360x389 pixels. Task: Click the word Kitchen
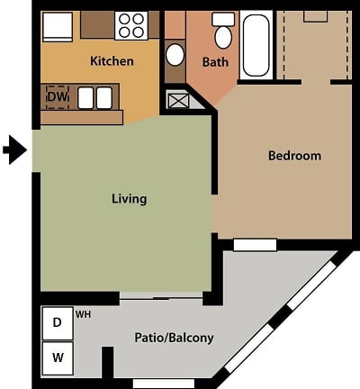[112, 61]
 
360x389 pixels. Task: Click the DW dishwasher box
[55, 95]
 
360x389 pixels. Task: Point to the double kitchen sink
[94, 96]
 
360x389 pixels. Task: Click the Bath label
[215, 62]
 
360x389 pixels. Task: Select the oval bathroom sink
[175, 55]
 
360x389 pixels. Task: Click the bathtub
[256, 44]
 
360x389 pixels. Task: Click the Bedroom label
[294, 156]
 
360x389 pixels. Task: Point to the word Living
[129, 198]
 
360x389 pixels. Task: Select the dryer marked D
[57, 322]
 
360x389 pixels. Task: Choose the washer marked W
[57, 357]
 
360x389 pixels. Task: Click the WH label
[83, 314]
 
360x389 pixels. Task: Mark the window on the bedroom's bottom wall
[255, 244]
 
